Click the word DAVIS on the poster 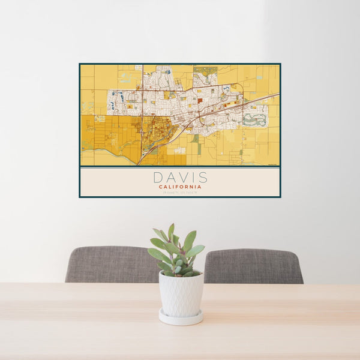tap(180, 178)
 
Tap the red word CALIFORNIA tap(180, 187)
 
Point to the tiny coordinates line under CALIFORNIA tap(180, 192)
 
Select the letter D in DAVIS tap(157, 178)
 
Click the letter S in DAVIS tap(203, 178)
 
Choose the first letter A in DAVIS tap(169, 178)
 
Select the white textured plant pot tap(181, 293)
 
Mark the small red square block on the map tap(200, 101)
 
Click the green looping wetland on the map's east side tap(255, 119)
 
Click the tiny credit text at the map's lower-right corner tap(273, 164)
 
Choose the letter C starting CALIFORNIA tap(161, 187)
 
